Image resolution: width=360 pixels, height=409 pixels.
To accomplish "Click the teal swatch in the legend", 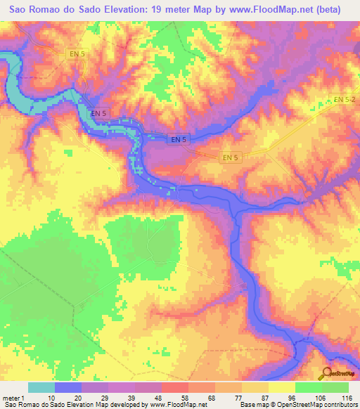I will pyautogui.click(x=41, y=387).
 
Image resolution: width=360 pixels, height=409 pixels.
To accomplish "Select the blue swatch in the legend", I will pyautogui.click(x=68, y=387).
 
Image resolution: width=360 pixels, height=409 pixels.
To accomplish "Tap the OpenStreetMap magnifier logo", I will pyautogui.click(x=326, y=374).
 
